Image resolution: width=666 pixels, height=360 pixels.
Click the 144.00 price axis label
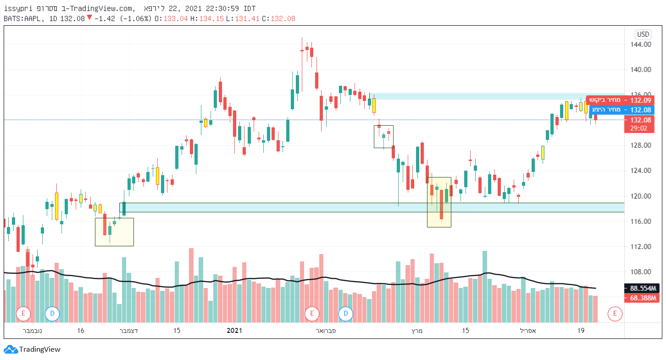click(641, 44)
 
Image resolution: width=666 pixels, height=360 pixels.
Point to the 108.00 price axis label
click(641, 271)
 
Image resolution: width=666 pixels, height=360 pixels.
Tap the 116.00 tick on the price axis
click(641, 221)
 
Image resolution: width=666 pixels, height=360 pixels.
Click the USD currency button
click(643, 34)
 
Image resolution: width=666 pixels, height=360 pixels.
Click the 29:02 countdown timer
click(638, 128)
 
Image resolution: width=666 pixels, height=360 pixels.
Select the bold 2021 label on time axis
click(234, 330)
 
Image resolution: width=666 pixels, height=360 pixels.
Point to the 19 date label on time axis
click(581, 330)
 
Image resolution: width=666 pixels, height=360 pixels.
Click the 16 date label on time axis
click(80, 330)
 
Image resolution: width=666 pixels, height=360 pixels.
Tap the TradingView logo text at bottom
click(39, 349)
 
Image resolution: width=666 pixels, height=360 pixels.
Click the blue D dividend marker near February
click(346, 314)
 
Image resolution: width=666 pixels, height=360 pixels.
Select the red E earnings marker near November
click(23, 314)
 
